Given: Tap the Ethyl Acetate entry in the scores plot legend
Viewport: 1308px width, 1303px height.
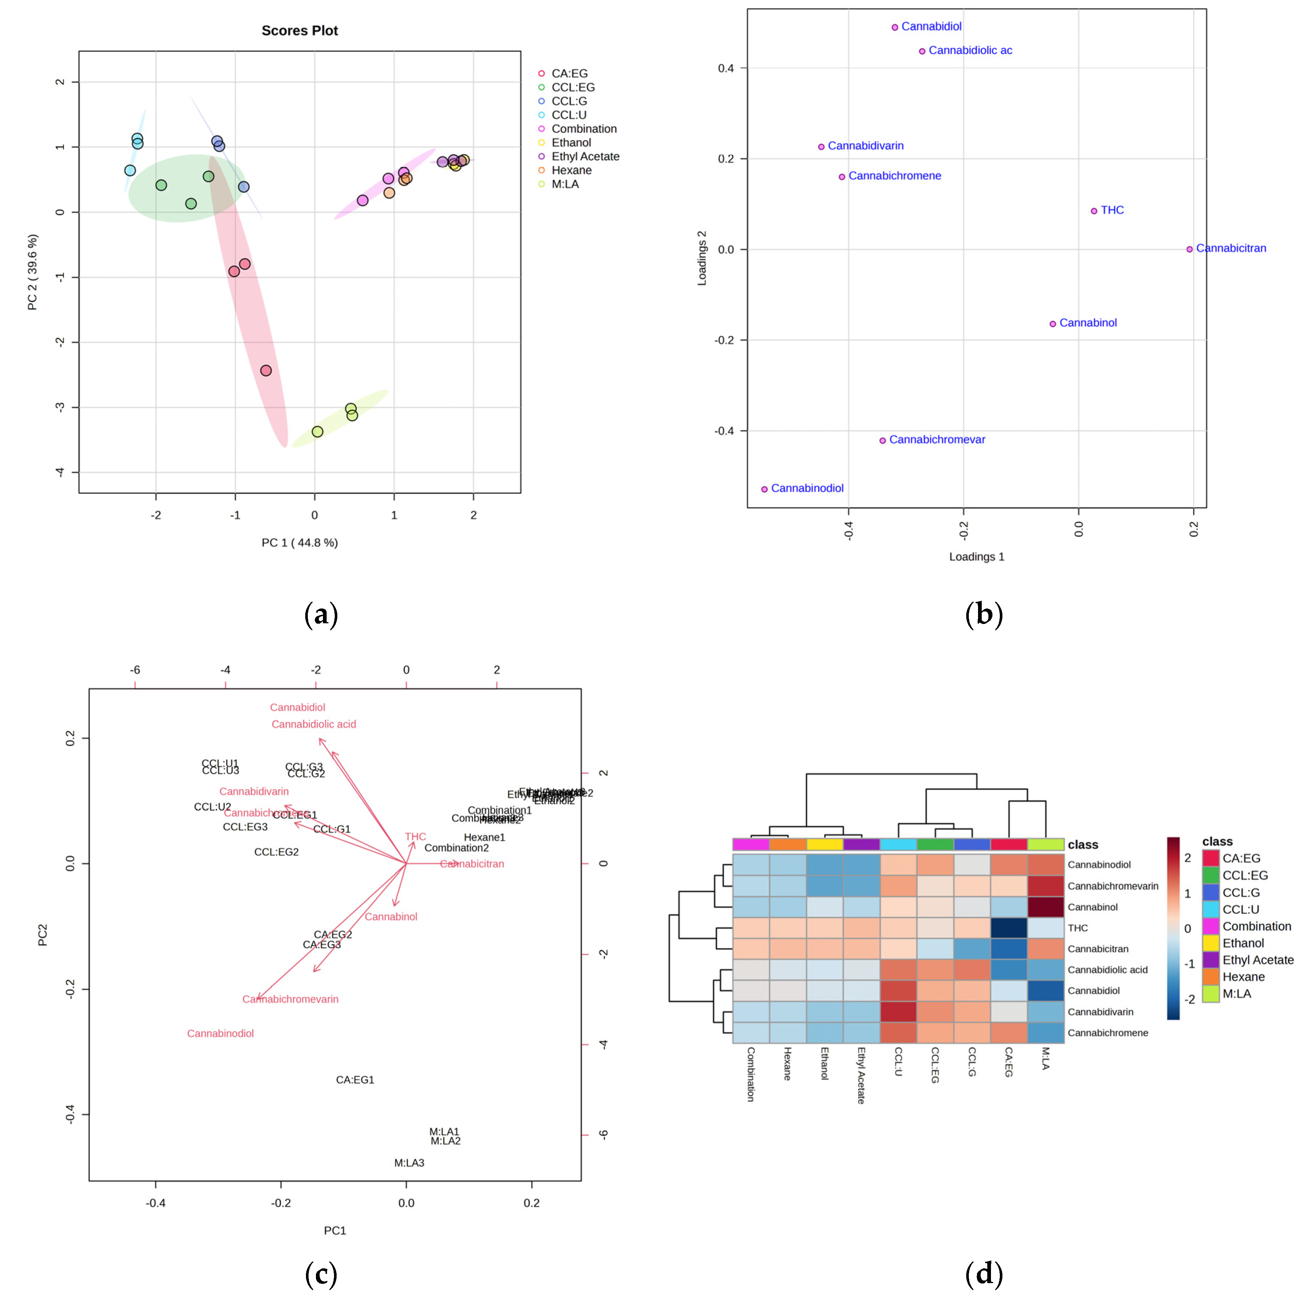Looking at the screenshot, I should (x=585, y=156).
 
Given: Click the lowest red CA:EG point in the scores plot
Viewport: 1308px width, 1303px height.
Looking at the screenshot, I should (x=266, y=370).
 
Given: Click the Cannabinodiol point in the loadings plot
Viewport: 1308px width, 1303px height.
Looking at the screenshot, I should (x=764, y=489).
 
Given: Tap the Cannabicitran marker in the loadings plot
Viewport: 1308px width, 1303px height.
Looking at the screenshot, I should (x=1190, y=249).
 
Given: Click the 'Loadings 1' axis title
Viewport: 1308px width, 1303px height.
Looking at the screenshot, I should (x=976, y=556).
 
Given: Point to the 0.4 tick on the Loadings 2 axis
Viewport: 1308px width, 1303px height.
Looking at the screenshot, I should (x=726, y=68).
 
